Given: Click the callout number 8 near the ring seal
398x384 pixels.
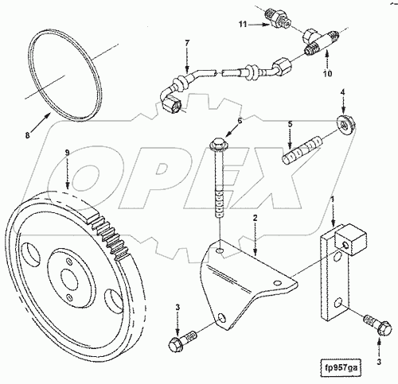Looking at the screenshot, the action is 28,135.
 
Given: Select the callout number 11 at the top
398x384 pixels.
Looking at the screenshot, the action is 243,25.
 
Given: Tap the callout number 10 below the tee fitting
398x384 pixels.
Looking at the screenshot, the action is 328,73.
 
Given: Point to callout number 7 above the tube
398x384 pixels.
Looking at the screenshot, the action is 188,43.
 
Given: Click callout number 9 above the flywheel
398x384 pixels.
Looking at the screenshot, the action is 67,153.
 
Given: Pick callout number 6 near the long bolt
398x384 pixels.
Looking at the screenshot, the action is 240,121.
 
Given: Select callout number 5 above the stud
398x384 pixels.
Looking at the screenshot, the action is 290,124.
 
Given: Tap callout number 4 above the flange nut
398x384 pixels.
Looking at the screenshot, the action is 343,92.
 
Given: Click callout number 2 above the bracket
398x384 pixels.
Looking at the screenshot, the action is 255,218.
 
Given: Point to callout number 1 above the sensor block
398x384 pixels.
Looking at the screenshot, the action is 333,200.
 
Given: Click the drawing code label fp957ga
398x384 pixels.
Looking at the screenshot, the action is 341,368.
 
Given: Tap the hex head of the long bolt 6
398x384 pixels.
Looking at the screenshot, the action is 217,144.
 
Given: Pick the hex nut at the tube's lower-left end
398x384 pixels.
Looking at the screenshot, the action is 171,106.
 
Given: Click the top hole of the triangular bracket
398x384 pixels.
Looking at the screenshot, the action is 220,250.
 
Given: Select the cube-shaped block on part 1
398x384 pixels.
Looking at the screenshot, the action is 351,239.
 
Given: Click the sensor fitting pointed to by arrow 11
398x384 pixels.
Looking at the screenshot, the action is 278,20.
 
